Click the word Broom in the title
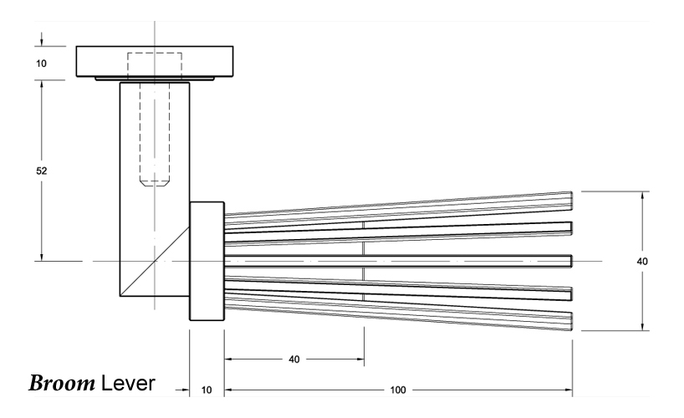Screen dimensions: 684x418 [62, 383]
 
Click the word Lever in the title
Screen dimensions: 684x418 [128, 383]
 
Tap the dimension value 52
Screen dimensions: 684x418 [42, 171]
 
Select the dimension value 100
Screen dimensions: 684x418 [398, 390]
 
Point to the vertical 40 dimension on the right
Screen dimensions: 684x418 [642, 262]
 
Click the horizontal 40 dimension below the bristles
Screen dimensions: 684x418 [294, 359]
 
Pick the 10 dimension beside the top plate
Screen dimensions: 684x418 [41, 64]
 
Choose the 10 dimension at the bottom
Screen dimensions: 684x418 [207, 390]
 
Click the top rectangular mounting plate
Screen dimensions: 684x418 [155, 62]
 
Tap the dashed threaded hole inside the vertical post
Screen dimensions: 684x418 [155, 135]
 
